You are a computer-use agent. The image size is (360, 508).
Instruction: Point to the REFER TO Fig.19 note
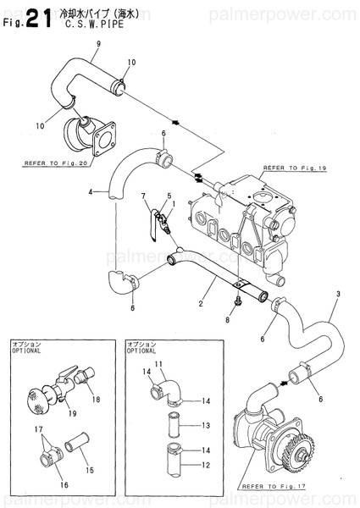[x=296, y=169]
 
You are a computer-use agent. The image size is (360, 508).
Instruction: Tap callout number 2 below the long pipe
[x=202, y=302]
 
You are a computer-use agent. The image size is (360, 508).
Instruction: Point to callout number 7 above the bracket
[x=144, y=196]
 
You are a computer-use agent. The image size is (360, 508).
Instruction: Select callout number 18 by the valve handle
[x=96, y=399]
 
